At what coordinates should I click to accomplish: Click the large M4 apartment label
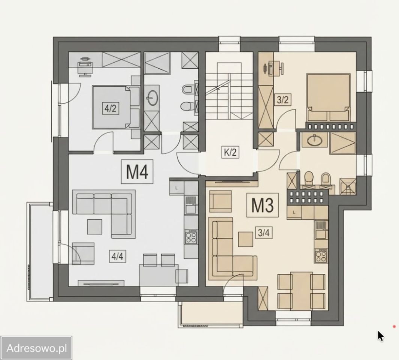click(137, 172)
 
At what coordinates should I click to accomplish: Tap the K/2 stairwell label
click(230, 152)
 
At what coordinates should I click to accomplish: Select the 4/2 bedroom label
click(111, 108)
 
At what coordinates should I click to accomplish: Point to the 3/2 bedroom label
click(283, 100)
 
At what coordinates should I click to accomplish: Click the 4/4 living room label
click(118, 256)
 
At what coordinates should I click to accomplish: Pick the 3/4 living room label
click(264, 232)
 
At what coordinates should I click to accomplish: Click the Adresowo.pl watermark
click(37, 348)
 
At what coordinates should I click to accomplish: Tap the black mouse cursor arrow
click(380, 336)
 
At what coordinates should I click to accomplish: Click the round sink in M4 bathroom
click(152, 97)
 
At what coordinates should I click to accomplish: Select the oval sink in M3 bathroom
click(315, 140)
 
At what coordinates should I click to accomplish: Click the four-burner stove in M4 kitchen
click(191, 237)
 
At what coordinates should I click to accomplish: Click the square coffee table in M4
click(95, 227)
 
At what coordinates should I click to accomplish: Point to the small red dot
click(395, 326)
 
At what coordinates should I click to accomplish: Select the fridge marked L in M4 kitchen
click(176, 188)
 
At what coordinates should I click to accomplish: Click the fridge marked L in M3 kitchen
click(294, 212)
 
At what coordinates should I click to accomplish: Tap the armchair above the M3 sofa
click(220, 201)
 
